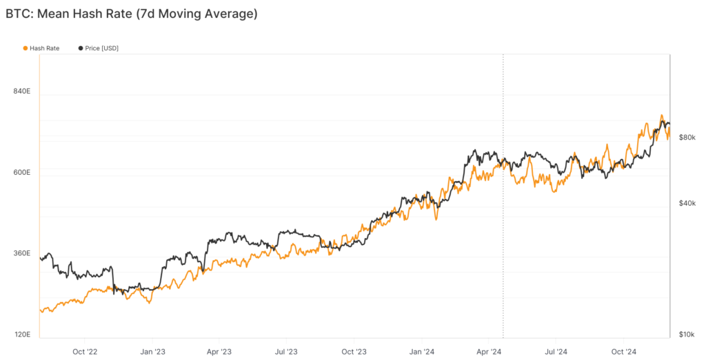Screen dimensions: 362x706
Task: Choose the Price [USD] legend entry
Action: click(101, 48)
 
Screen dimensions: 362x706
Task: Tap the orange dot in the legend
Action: click(26, 48)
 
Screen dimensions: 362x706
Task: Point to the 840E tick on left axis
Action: click(22, 92)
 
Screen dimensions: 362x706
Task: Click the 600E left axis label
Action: click(22, 172)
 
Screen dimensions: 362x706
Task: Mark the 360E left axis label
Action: click(22, 253)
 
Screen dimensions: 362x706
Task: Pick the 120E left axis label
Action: click(22, 334)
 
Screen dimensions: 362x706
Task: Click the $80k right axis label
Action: click(687, 138)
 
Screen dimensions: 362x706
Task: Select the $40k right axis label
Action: click(687, 203)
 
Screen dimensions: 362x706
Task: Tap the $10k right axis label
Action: click(687, 334)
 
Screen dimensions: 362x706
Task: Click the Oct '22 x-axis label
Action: click(85, 351)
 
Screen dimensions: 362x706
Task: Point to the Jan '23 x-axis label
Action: click(152, 351)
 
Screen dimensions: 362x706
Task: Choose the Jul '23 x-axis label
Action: click(286, 351)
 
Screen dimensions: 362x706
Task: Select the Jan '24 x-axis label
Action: click(421, 351)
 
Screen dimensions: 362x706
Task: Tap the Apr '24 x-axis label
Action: click(488, 351)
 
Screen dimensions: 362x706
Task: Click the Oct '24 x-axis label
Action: click(623, 351)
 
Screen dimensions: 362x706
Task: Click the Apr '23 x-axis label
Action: click(219, 351)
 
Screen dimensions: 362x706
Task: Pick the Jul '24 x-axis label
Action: click(556, 351)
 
